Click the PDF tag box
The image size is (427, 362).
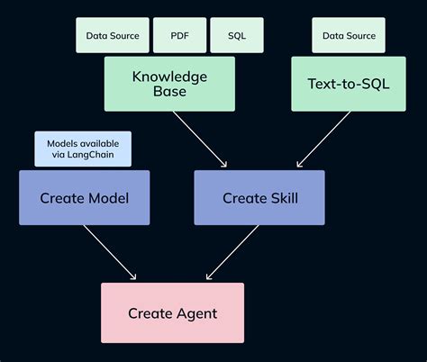click(x=180, y=36)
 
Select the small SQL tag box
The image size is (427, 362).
click(x=237, y=36)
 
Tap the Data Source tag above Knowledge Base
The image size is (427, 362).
click(x=113, y=36)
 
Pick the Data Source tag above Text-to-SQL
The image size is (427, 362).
click(x=348, y=36)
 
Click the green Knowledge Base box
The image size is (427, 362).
click(x=169, y=84)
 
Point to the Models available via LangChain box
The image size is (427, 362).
click(x=82, y=149)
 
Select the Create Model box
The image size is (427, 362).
click(x=84, y=197)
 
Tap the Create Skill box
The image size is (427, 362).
click(x=259, y=197)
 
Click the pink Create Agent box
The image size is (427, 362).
click(x=172, y=312)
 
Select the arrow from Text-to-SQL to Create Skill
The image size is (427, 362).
click(x=324, y=140)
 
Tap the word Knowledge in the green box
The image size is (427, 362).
click(x=169, y=76)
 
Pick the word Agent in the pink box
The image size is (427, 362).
click(x=196, y=313)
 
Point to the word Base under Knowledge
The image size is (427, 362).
click(x=169, y=92)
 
